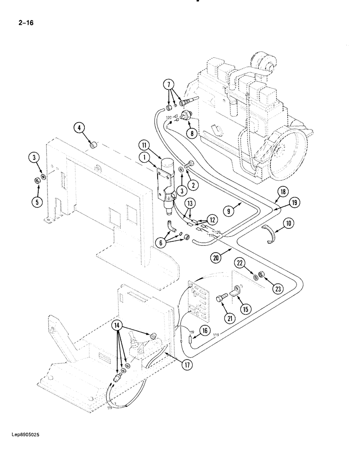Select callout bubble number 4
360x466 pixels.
coord(79,128)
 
